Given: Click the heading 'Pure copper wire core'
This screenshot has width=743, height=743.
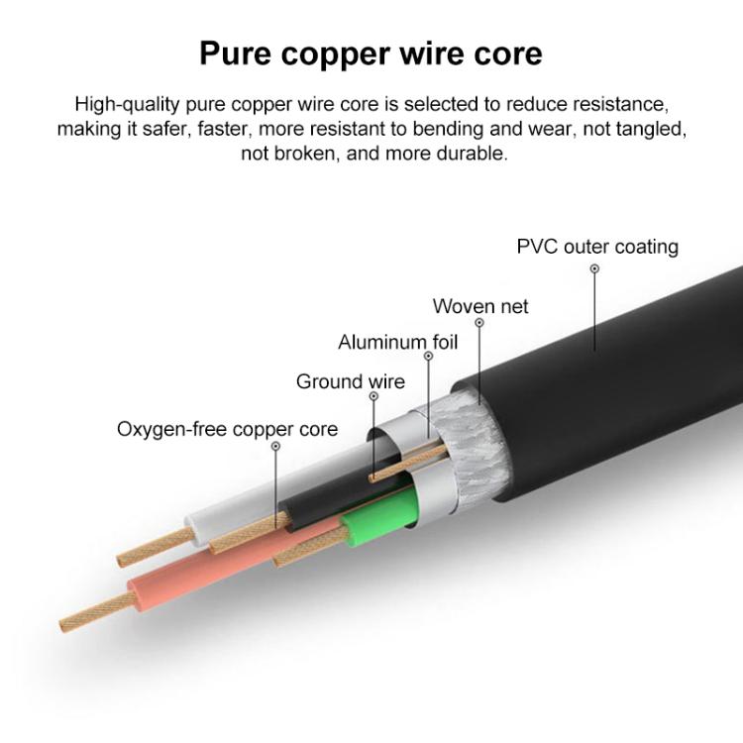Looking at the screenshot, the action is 371,54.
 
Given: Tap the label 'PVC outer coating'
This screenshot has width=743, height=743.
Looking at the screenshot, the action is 597,247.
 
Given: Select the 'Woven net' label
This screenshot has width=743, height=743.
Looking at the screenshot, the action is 480,306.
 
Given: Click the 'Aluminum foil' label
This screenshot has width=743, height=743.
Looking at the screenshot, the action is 398,342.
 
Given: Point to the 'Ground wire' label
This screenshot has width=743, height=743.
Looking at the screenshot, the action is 351,381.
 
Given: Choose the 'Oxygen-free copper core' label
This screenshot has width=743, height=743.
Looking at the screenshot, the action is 228,429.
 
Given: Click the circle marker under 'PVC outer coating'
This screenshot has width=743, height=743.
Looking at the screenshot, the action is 594,268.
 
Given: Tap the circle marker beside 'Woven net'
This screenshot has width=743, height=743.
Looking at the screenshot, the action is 479,323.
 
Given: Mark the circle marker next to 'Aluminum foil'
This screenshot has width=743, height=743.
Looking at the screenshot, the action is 428,356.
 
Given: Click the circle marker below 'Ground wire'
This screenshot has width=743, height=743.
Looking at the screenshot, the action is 373,396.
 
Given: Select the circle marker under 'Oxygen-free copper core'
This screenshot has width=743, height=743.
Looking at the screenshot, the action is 275,446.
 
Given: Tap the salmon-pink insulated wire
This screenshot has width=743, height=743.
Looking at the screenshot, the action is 228,563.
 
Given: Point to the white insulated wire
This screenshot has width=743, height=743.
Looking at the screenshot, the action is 284,488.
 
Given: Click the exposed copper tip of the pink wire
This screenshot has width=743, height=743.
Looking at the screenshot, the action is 97,612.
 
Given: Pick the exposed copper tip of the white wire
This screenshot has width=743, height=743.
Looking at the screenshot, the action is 157,546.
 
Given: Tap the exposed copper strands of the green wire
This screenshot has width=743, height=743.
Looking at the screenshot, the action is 310,546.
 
